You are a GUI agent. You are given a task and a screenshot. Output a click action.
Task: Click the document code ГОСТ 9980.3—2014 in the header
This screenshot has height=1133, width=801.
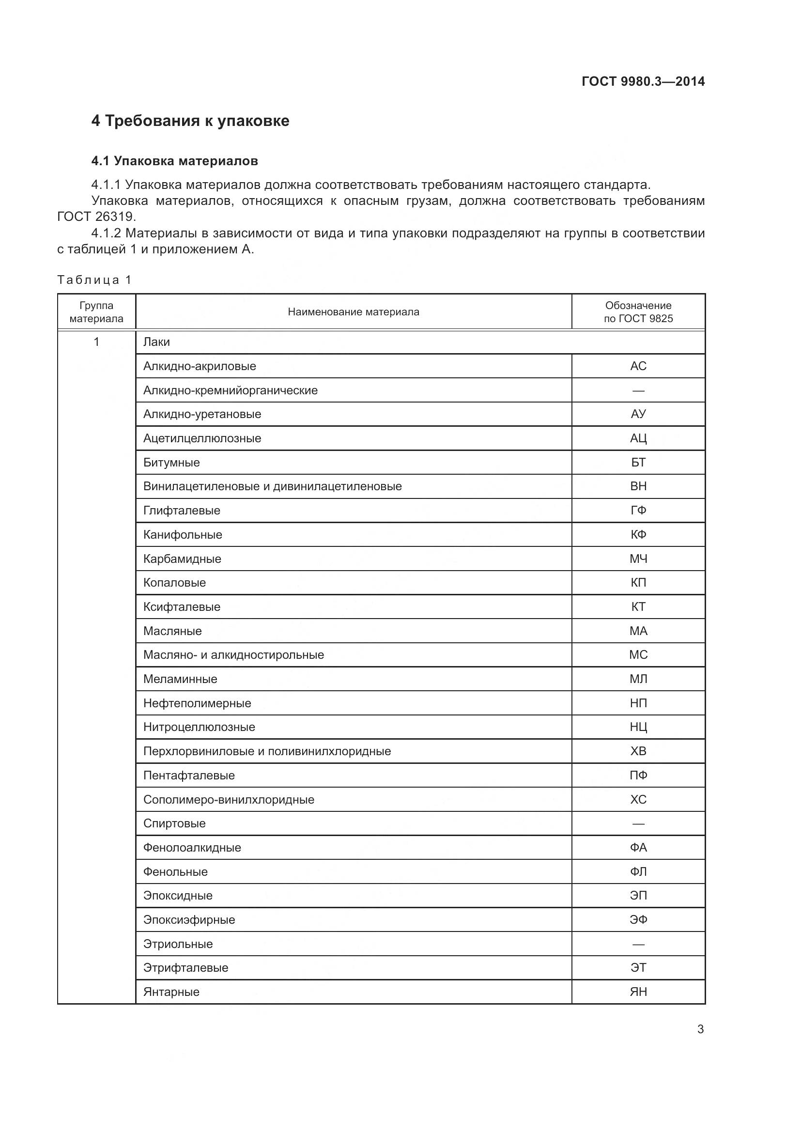point(643,81)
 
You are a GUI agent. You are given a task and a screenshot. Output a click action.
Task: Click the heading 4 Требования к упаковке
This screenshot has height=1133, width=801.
point(190,121)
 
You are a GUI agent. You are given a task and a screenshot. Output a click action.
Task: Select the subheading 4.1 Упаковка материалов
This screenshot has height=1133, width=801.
point(175,161)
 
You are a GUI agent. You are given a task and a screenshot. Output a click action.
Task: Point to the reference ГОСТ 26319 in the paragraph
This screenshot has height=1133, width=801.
point(96,217)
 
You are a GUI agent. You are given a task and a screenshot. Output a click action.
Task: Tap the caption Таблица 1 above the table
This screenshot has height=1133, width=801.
point(94,280)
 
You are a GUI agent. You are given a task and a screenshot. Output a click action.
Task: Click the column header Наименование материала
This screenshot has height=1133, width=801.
point(353,312)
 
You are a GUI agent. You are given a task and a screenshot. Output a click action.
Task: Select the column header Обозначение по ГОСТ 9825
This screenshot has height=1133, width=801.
point(638,312)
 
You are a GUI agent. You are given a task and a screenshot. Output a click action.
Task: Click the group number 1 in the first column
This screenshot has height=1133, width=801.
point(97,341)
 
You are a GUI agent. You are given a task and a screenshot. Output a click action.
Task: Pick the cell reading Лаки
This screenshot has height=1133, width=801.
point(156,342)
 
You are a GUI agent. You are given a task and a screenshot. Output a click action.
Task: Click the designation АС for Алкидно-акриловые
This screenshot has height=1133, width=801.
point(638,366)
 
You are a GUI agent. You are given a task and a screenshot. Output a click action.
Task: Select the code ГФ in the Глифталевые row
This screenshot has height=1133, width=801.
point(638,510)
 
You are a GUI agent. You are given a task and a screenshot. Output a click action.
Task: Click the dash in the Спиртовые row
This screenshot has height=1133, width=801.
point(638,823)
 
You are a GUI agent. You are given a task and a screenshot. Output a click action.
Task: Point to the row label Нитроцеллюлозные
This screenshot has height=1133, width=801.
point(199,727)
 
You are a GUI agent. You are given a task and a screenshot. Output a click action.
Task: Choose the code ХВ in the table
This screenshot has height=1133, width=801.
point(638,751)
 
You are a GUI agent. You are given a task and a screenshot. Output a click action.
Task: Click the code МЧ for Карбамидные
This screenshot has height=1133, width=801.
point(638,559)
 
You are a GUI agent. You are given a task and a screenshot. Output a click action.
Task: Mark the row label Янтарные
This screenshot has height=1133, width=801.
point(171,992)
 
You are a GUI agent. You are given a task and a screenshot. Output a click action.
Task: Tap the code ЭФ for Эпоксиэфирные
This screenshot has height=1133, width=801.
point(638,920)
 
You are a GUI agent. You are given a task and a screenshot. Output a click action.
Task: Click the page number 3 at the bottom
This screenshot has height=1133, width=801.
point(700,1029)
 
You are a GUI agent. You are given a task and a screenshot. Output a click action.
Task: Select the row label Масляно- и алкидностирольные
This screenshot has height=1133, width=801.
point(233,655)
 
